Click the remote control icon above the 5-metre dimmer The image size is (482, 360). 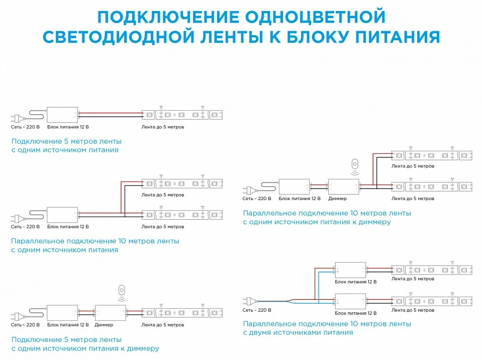(x=122, y=293)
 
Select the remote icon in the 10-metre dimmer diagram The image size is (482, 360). (x=355, y=166)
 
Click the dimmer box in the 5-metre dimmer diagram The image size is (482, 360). (x=111, y=313)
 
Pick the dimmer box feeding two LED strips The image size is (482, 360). (x=343, y=187)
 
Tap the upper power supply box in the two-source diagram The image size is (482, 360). (x=350, y=270)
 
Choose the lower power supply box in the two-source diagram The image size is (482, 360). (x=350, y=302)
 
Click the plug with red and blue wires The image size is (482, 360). (x=250, y=301)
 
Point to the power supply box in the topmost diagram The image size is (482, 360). (x=62, y=115)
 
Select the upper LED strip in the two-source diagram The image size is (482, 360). (x=432, y=270)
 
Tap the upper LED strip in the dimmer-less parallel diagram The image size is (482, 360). (x=182, y=184)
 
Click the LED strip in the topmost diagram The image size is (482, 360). (x=182, y=115)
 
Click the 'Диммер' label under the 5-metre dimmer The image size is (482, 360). (x=104, y=325)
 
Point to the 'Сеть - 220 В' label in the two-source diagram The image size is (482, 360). (x=257, y=310)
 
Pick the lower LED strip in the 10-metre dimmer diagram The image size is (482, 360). (x=432, y=187)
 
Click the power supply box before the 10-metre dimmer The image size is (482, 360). (x=294, y=187)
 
